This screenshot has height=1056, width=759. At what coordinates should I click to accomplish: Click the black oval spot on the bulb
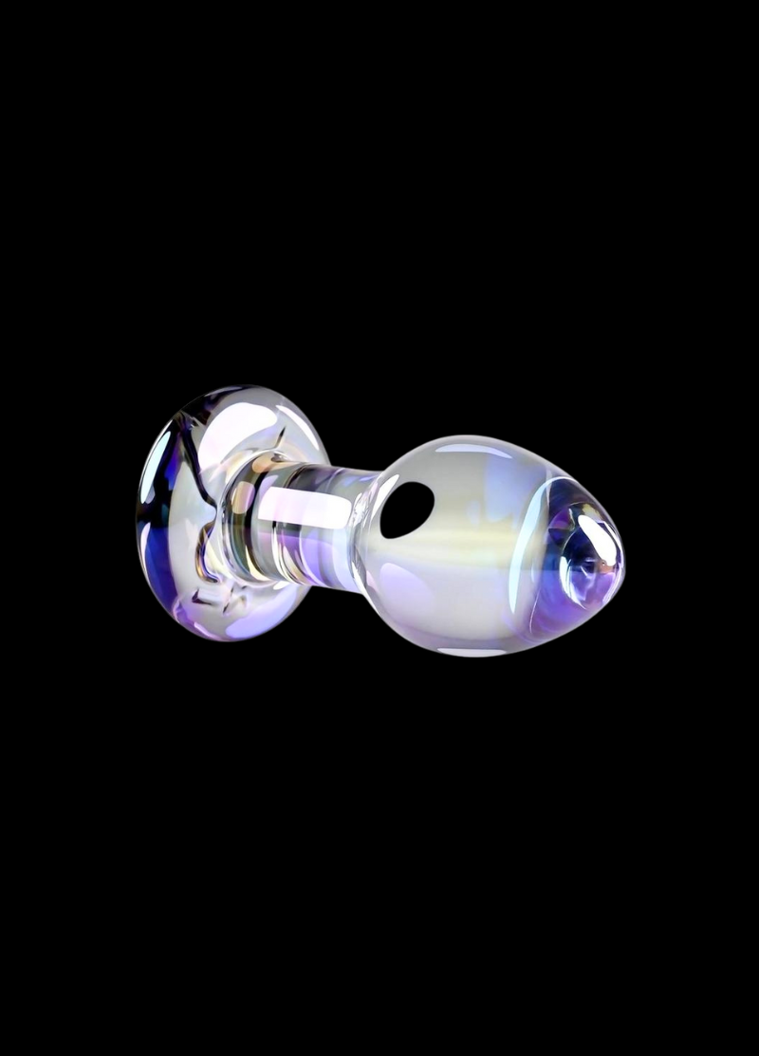(x=406, y=509)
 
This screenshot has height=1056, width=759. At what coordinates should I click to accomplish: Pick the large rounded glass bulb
(x=474, y=546)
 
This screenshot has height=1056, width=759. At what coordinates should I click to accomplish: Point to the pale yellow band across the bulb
(x=455, y=541)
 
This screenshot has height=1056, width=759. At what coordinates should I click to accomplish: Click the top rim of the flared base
(x=228, y=390)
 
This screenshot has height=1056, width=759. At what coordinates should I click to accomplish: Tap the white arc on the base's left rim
(x=149, y=465)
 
